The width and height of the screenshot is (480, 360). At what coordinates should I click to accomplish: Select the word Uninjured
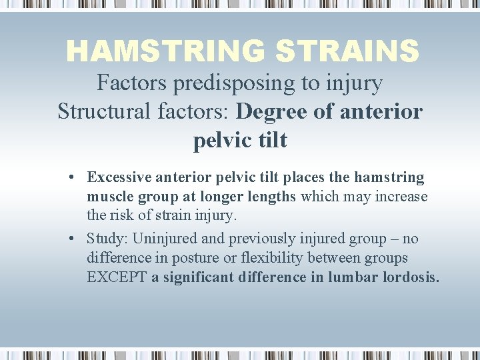tap(161, 239)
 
